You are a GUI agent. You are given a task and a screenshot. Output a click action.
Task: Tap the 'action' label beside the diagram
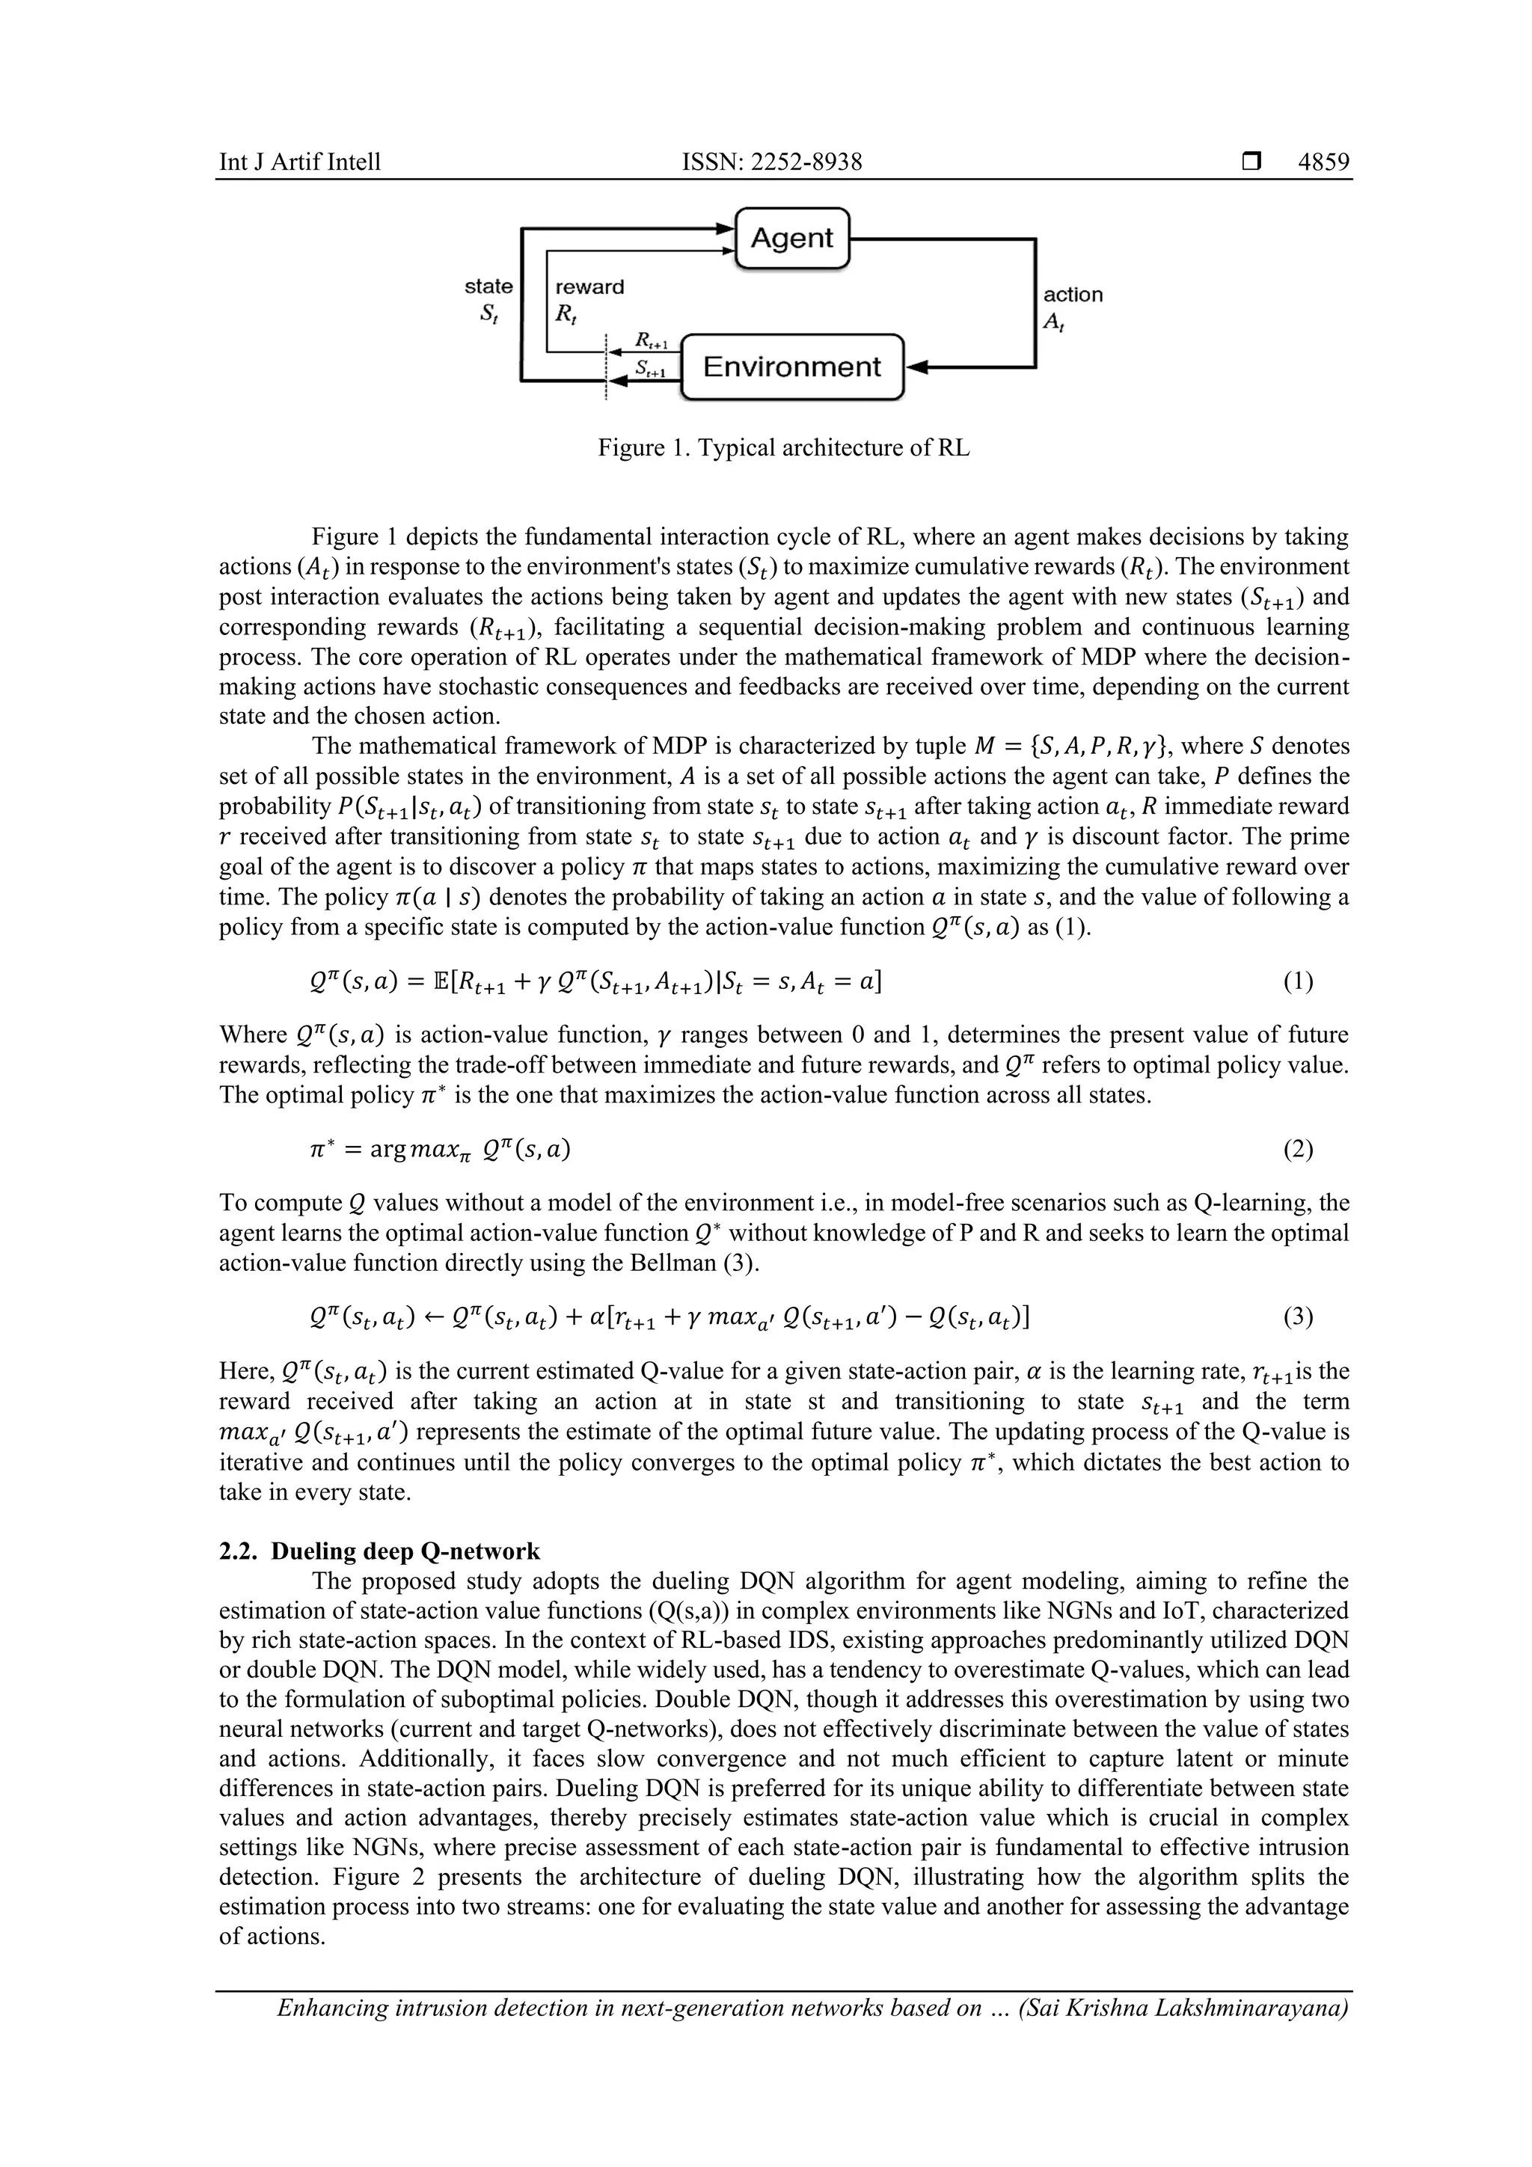pyautogui.click(x=1072, y=295)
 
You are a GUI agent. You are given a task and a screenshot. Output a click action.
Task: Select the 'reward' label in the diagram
pyautogui.click(x=589, y=287)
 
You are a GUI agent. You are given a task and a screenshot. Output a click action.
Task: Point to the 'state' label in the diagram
pyautogui.click(x=489, y=286)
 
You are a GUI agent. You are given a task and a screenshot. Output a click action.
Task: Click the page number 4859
pyautogui.click(x=1323, y=162)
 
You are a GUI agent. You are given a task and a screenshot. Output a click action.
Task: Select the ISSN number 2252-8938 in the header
pyautogui.click(x=803, y=162)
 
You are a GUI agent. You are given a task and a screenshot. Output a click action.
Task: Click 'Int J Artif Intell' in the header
pyautogui.click(x=300, y=162)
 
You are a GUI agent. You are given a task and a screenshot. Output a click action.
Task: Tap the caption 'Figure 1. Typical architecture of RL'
pyautogui.click(x=783, y=447)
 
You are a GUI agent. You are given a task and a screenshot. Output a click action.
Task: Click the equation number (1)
pyautogui.click(x=1298, y=981)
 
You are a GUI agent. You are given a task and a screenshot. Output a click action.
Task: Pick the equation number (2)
pyautogui.click(x=1298, y=1149)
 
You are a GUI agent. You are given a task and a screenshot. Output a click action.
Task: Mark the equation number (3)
pyautogui.click(x=1298, y=1317)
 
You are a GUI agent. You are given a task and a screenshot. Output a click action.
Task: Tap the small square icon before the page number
pyautogui.click(x=1251, y=162)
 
